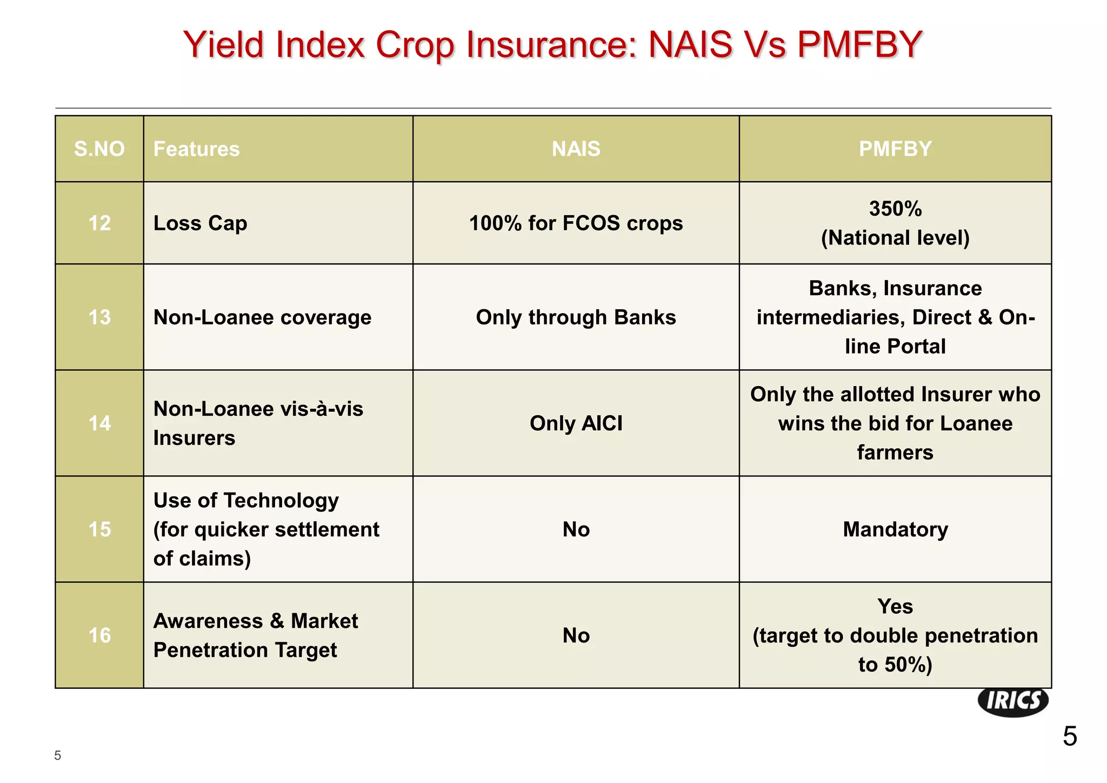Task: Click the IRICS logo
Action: tap(1013, 701)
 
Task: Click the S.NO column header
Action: tap(99, 149)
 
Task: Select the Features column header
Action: tap(196, 149)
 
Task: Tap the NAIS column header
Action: tap(576, 149)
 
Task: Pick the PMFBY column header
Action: tap(895, 149)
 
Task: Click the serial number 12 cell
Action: tap(99, 223)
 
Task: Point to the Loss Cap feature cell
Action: tap(200, 223)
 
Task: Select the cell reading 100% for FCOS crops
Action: tap(576, 223)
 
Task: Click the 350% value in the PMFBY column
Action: tap(895, 209)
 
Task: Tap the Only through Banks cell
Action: tap(576, 317)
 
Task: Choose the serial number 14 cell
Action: tap(99, 423)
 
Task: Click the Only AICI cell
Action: tap(576, 423)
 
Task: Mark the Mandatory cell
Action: tap(895, 529)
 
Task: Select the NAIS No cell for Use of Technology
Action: tap(576, 529)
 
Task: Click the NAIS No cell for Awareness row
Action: tap(576, 635)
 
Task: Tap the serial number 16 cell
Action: tap(99, 635)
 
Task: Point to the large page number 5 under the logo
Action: tap(1069, 736)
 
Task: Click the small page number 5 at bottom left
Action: tap(58, 756)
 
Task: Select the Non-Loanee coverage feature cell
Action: tap(262, 317)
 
